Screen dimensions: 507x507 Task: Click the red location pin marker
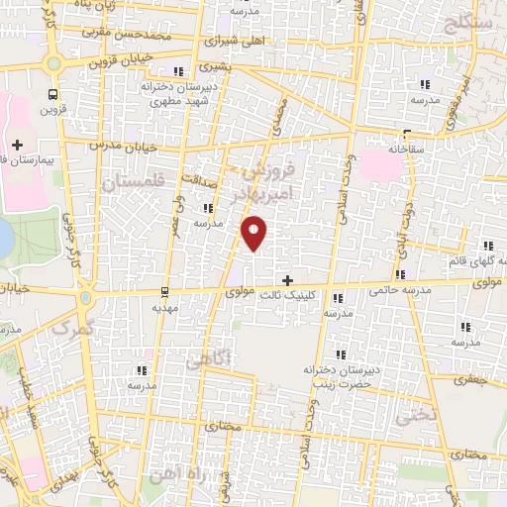coord(254,234)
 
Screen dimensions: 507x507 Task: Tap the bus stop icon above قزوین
coord(51,95)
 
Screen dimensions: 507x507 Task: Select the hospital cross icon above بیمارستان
coord(17,145)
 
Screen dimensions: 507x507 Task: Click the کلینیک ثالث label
coord(287,295)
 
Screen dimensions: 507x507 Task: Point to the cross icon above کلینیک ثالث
coord(288,281)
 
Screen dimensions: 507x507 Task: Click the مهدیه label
coord(163,308)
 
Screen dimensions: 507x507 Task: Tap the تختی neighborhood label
coord(415,417)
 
